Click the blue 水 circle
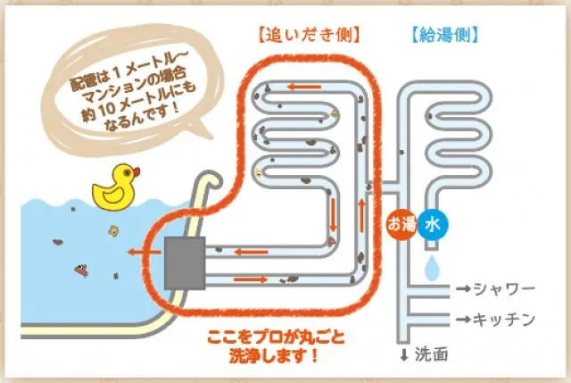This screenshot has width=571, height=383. (x=432, y=225)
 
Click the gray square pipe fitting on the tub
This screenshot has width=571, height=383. (x=185, y=262)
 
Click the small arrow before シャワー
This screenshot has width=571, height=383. (x=463, y=290)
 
